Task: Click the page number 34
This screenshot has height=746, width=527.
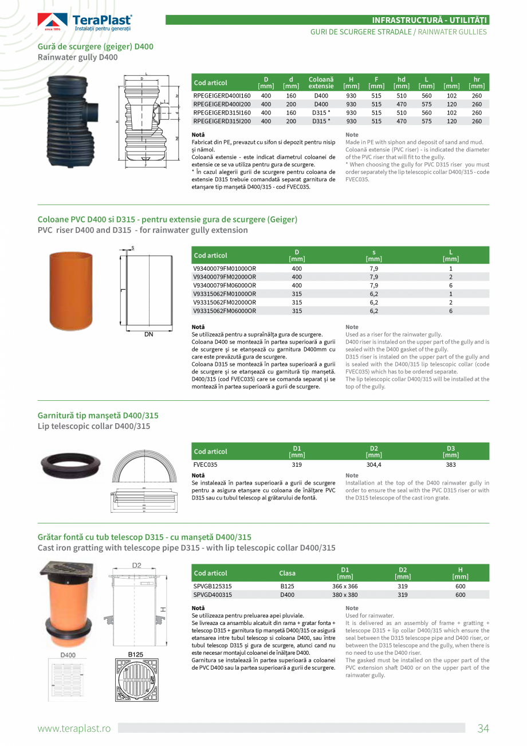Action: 483,728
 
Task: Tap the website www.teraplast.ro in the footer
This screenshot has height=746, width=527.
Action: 74,728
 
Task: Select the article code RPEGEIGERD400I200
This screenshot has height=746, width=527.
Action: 222,104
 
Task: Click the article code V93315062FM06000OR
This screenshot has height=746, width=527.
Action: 225,311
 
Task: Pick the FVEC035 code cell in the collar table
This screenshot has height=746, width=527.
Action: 205,464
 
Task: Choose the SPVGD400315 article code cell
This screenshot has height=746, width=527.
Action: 213,595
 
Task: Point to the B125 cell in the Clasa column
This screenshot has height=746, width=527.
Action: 287,586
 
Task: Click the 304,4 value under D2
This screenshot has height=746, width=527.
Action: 373,464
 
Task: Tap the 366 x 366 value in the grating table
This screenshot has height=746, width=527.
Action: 345,586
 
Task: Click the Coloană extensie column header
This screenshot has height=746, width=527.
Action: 321,83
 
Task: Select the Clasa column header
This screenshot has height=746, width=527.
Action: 287,573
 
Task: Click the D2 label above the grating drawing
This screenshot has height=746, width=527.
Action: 137,565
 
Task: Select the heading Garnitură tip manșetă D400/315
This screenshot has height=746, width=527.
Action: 98,415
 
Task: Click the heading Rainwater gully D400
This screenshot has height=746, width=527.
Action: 77,57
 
